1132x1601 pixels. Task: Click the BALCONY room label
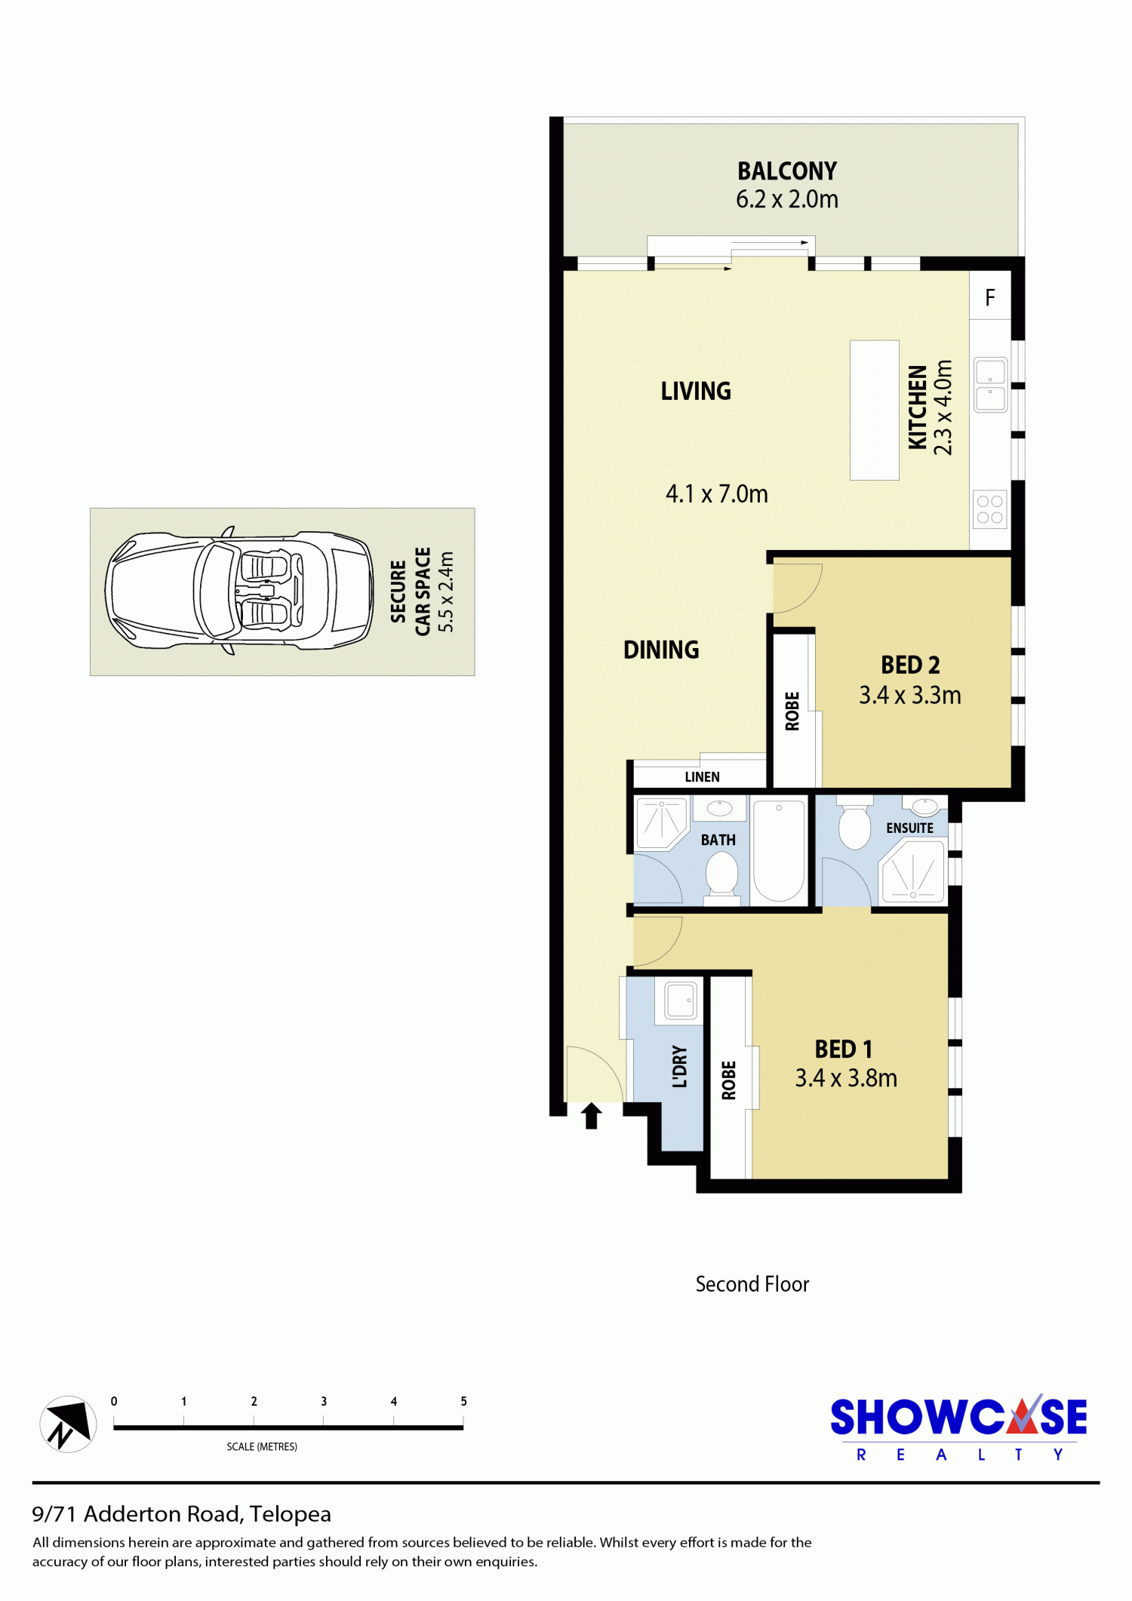(787, 171)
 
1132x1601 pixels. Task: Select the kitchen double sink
(990, 385)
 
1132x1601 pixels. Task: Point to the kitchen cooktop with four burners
(990, 509)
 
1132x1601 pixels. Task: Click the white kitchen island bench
(874, 410)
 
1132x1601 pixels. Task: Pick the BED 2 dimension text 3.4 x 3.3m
(910, 695)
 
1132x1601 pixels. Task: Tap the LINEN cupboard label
(702, 777)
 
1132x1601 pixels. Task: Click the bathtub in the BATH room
(779, 850)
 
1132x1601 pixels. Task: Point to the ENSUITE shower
(913, 871)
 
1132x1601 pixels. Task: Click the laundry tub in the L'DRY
(681, 1000)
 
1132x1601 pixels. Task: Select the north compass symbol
(68, 1424)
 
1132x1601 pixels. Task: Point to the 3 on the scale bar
(324, 1401)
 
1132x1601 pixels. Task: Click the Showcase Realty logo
(958, 1427)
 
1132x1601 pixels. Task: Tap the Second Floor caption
(752, 1284)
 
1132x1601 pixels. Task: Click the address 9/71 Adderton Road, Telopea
(182, 1514)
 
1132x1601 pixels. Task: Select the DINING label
(661, 650)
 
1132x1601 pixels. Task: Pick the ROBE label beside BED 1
(728, 1080)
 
